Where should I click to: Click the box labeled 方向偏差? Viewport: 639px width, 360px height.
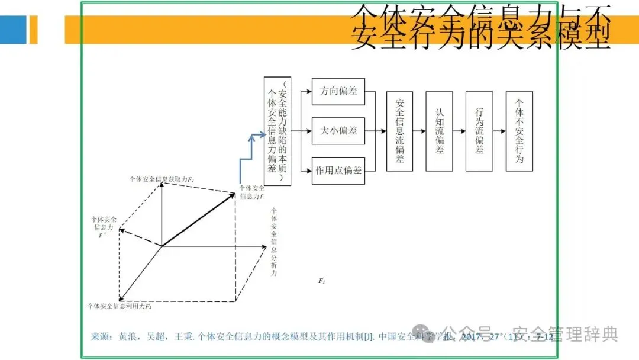coord(338,92)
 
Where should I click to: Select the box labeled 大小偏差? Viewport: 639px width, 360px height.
coord(338,131)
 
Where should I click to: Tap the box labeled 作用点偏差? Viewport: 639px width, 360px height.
coord(338,171)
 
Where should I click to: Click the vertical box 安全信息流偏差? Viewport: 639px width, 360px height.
coord(399,131)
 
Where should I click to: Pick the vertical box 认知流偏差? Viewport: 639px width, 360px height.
coord(439,131)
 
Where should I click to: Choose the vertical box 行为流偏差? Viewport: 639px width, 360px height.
coord(479,131)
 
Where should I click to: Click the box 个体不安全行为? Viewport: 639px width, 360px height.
coord(519,131)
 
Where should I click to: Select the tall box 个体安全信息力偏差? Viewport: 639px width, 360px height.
coord(277,131)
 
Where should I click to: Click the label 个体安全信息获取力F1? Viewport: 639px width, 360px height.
coord(163,178)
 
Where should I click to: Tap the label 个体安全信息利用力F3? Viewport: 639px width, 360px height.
coord(120,306)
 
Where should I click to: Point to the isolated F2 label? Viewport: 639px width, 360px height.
coord(322,281)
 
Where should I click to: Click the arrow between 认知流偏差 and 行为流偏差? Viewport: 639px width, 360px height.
coord(459,131)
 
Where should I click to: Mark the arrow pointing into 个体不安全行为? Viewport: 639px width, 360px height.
coord(499,131)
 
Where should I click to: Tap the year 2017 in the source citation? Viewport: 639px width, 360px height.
coord(472,337)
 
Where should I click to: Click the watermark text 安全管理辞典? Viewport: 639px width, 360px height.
coord(564,335)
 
